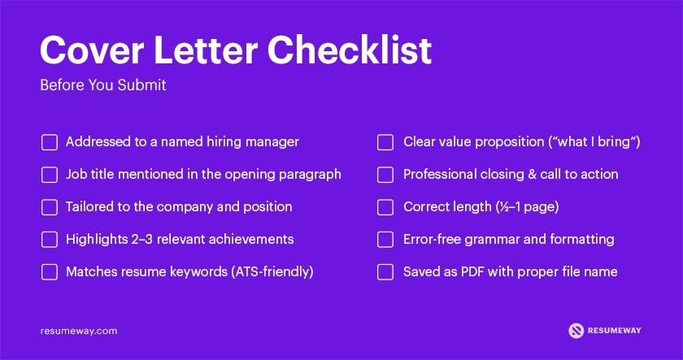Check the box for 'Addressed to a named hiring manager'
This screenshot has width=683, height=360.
[x=50, y=142]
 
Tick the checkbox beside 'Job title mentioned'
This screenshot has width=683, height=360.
[x=50, y=175]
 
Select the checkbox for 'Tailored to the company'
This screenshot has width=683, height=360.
[x=50, y=207]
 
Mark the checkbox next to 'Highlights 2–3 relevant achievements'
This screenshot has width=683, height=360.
[x=50, y=240]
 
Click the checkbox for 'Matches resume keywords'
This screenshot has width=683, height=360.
[x=50, y=272]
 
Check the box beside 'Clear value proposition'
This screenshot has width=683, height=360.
[x=385, y=142]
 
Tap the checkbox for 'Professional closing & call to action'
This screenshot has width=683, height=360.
[x=385, y=175]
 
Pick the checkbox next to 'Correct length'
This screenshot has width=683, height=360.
[x=385, y=207]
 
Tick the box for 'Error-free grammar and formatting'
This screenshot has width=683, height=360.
[x=385, y=240]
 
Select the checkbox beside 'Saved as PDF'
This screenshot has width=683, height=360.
[x=385, y=272]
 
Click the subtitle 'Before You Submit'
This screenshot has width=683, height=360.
[x=102, y=85]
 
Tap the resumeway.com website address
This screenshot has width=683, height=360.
[x=79, y=331]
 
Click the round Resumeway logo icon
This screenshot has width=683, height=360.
[x=576, y=331]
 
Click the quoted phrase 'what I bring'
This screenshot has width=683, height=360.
[x=597, y=142]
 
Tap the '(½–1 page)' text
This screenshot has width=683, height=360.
[x=527, y=207]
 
